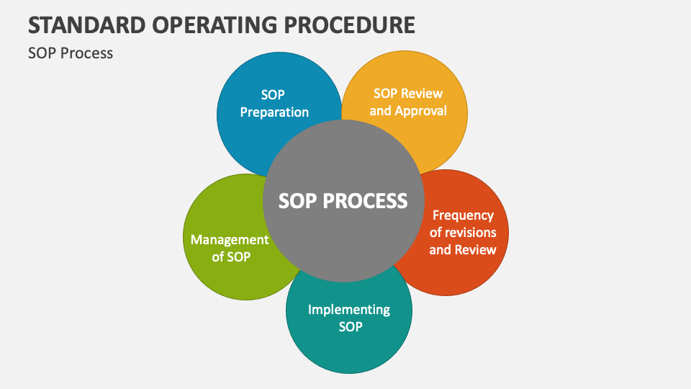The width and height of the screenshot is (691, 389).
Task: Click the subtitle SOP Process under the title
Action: point(71,53)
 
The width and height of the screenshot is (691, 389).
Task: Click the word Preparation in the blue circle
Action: point(274,112)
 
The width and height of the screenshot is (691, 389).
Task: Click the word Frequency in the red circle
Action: point(463,215)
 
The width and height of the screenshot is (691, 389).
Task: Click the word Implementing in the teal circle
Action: point(349,310)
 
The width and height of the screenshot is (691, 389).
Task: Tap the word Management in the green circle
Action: point(229,240)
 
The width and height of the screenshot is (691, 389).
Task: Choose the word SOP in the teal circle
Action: point(350,327)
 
